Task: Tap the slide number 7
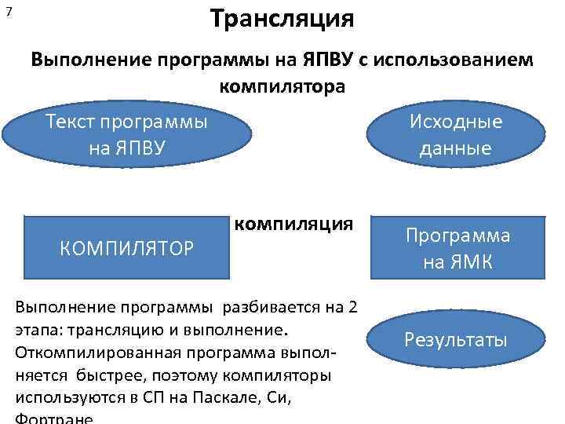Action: tap(8, 13)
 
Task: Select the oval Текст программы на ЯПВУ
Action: tap(127, 135)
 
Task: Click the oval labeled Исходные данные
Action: tap(456, 135)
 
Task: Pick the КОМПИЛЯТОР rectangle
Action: tap(126, 248)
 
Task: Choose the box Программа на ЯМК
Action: tap(457, 248)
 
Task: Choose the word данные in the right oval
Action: tap(456, 148)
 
